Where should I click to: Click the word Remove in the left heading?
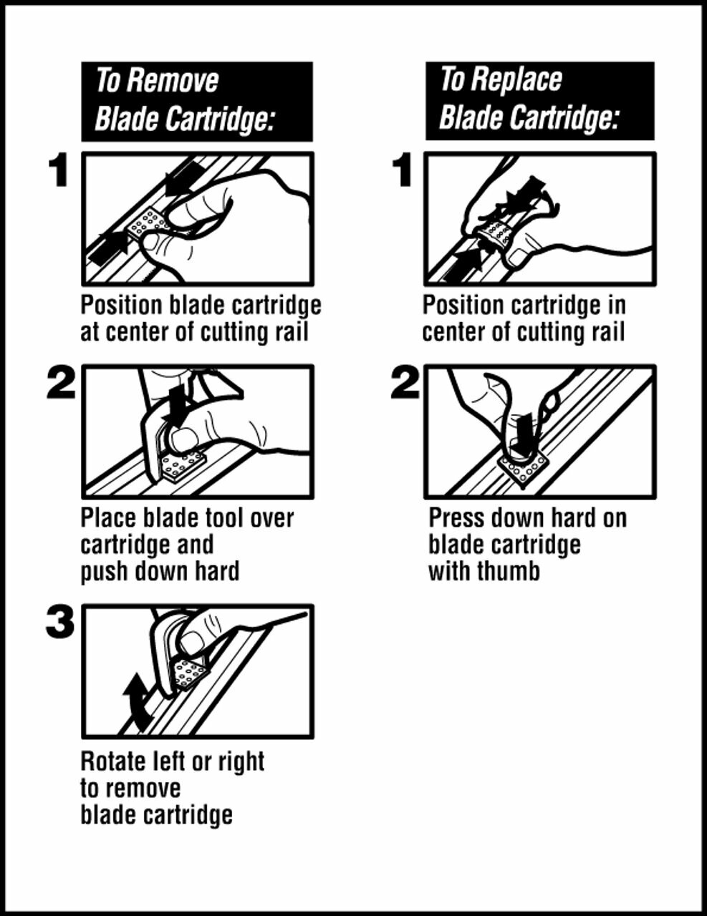tap(173, 81)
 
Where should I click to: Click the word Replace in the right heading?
tap(516, 79)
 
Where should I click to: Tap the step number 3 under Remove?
tap(60, 622)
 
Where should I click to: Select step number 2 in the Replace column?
tap(405, 384)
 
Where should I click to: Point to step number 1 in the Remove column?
tap(58, 170)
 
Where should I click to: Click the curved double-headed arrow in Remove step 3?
tap(136, 703)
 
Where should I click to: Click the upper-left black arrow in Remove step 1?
tap(181, 178)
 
